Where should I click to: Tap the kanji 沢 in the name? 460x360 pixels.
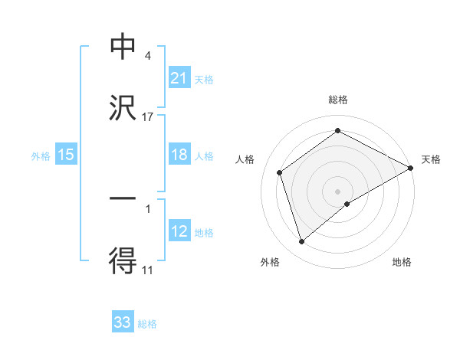coord(123,108)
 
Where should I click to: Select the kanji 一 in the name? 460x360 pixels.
coord(123,198)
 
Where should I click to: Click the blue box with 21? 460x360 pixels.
coord(179,78)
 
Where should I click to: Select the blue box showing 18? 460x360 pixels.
coord(179,155)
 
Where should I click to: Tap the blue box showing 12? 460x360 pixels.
coord(179,231)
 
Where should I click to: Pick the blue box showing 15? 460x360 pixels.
coord(66,155)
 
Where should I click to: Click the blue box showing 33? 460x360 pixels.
coord(123,322)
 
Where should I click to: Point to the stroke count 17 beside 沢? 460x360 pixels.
coord(148,116)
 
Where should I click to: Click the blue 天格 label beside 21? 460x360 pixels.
coord(204,79)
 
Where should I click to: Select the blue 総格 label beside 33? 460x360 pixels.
coord(147,323)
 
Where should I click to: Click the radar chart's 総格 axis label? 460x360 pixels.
coord(338,100)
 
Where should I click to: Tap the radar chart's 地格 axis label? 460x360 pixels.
coord(402,263)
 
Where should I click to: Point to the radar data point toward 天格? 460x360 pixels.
coord(411,168)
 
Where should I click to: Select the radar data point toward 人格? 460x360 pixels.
coord(280,172)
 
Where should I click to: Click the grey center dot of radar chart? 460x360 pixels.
coord(338,191)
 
